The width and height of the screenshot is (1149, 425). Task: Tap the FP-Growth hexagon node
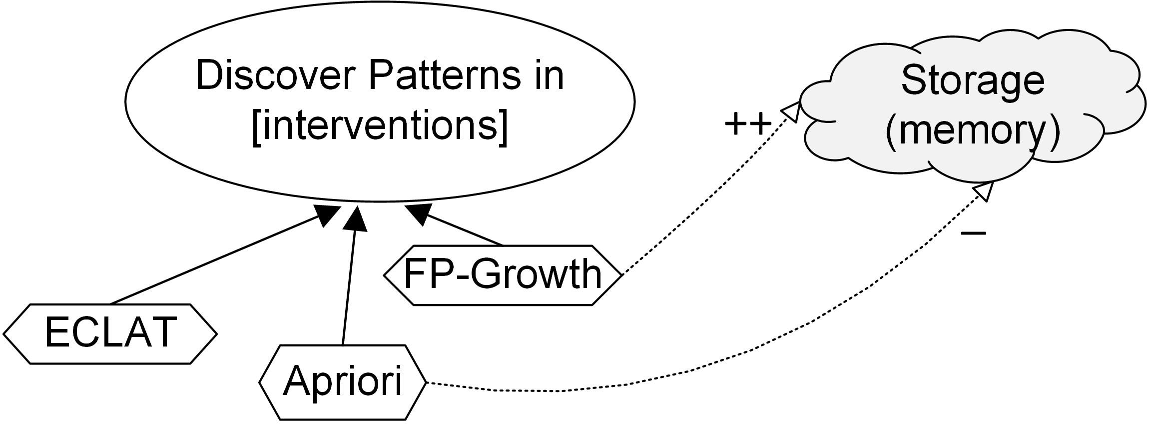(503, 274)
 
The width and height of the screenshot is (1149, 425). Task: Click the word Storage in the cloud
(972, 81)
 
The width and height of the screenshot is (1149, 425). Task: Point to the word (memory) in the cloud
(972, 132)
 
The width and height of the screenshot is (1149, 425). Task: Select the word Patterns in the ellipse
(442, 76)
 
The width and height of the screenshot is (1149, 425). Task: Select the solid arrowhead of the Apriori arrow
(356, 218)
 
